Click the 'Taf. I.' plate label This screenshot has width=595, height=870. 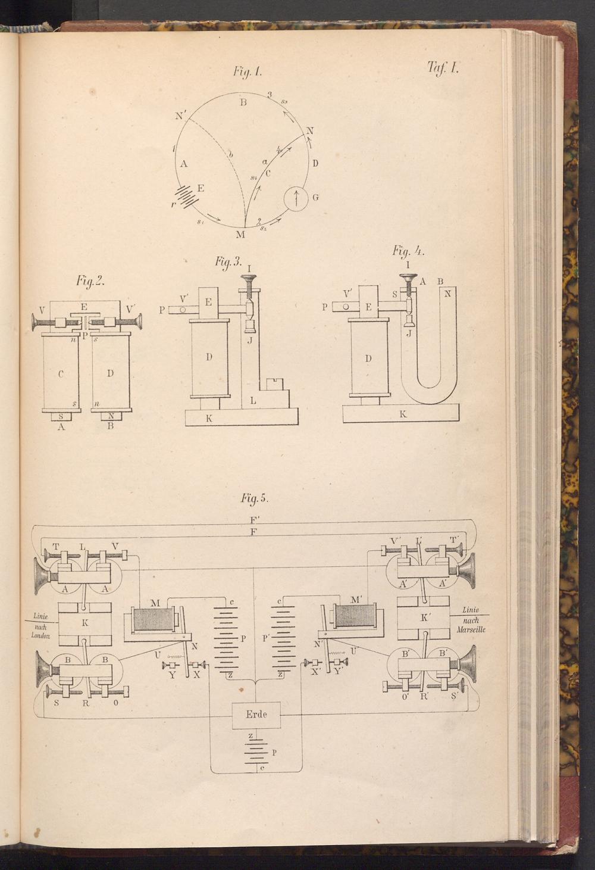[x=443, y=67]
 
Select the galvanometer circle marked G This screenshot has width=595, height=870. [x=296, y=197]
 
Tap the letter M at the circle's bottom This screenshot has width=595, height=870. [x=240, y=234]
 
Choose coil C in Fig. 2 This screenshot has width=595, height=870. [x=61, y=373]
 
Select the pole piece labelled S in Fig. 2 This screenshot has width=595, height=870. [x=61, y=416]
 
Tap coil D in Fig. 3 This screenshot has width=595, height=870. [x=209, y=357]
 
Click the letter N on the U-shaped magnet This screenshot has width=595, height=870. [x=447, y=293]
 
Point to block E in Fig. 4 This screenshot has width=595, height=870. [x=369, y=307]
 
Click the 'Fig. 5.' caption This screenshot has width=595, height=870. [x=255, y=497]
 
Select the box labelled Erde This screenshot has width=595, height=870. [x=256, y=715]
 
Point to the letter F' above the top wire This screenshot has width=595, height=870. [x=255, y=519]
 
